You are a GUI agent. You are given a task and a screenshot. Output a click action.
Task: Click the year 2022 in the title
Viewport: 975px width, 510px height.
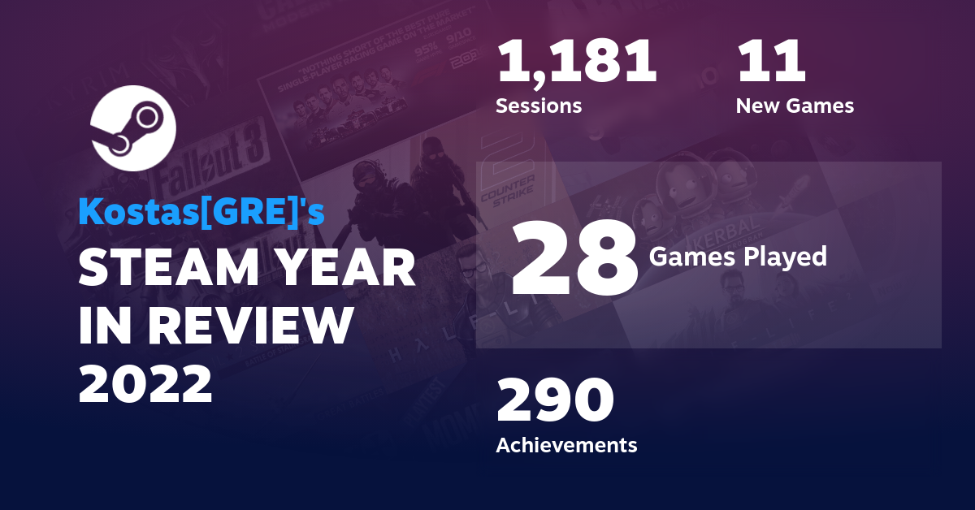(x=145, y=384)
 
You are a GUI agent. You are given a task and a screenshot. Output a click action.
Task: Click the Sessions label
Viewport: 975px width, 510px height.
(x=539, y=106)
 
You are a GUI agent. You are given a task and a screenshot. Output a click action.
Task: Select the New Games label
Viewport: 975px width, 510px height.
(x=795, y=106)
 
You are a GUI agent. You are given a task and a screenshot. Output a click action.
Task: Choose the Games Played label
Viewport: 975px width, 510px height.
(x=738, y=257)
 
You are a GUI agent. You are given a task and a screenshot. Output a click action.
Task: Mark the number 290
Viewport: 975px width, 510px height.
(x=555, y=401)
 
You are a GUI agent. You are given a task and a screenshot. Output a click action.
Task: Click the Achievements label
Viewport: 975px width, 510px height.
(x=566, y=445)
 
